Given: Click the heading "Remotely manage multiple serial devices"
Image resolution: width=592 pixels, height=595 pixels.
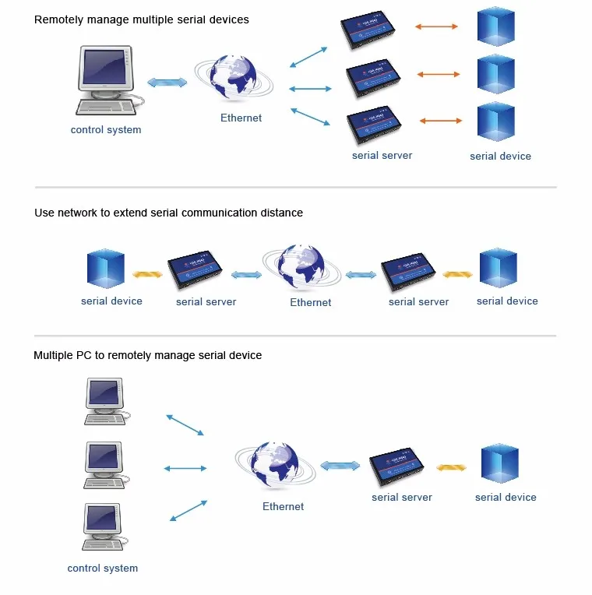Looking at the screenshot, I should [142, 19].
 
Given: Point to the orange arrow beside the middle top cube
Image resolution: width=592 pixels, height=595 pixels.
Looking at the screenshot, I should [439, 75].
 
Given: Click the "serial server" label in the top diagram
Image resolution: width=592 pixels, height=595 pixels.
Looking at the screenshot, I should [382, 156].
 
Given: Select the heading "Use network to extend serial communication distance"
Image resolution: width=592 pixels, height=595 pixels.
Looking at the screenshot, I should [168, 213].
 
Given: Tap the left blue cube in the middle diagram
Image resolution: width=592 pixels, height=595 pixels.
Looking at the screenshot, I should [106, 269].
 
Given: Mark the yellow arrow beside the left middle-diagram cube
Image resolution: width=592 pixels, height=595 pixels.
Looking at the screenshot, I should [146, 274].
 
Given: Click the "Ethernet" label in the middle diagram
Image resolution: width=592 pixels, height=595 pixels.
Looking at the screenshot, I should [310, 303].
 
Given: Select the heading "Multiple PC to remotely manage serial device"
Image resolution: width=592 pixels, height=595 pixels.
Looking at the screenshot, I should [147, 356].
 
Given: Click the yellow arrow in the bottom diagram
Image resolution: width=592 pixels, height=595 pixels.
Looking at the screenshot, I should [451, 468].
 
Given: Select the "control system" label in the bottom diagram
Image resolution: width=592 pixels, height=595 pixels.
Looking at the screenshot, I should [103, 569].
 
